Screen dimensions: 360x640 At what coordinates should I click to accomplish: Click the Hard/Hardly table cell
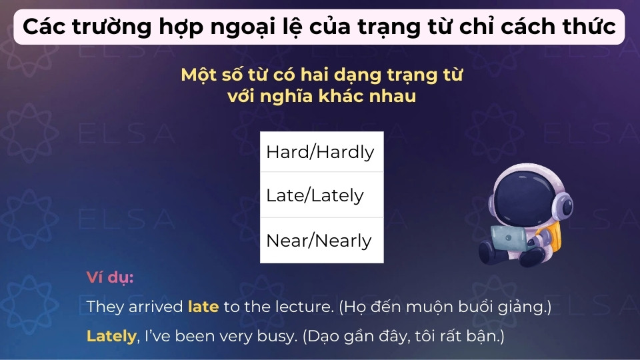pos(321,152)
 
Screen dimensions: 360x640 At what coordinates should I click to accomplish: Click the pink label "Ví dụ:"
pos(110,277)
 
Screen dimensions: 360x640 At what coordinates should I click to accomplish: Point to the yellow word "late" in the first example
pos(203,307)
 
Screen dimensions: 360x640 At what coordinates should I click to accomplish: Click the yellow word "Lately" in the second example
pos(111,335)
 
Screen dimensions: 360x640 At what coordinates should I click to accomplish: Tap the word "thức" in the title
pos(589,28)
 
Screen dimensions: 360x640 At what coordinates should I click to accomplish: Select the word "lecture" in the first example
pos(307,307)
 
